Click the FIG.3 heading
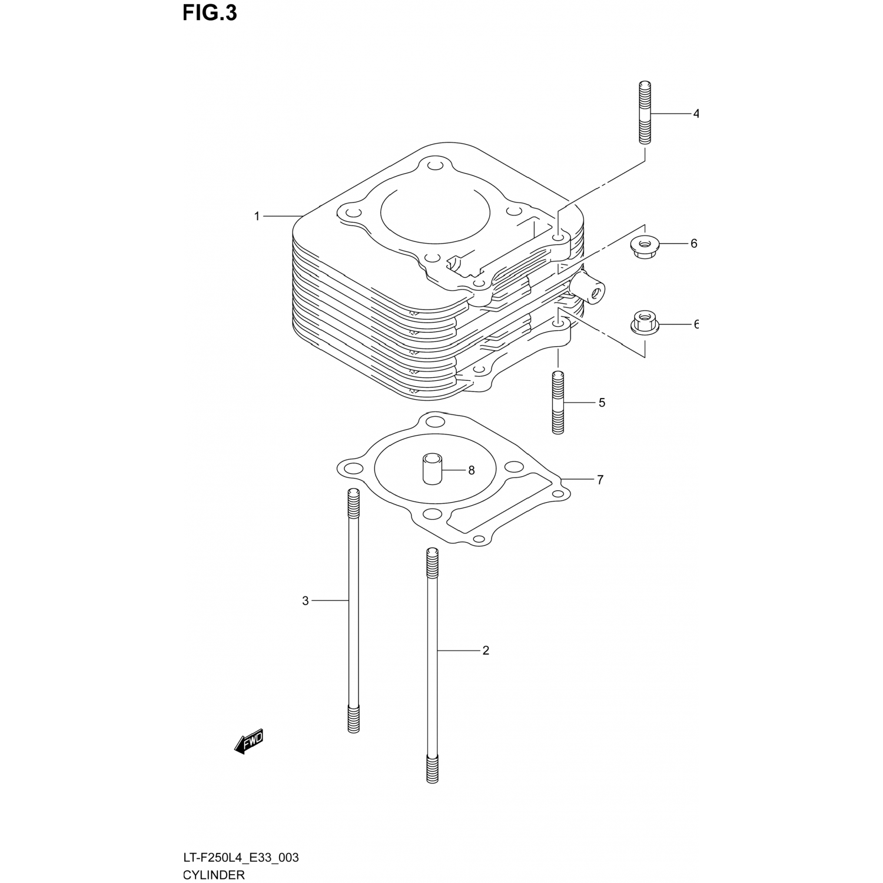pos(210,13)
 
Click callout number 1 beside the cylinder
pos(257,217)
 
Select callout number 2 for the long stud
pos(486,650)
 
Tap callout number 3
pos(306,601)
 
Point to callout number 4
pos(695,114)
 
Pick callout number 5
pos(602,403)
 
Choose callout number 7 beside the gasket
pos(600,480)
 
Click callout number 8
pos(471,470)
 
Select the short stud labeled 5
pos(558,403)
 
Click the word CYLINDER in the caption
pos(214,874)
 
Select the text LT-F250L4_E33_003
pos(241,857)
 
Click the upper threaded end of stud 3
pos(354,503)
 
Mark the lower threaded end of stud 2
pos(432,768)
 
